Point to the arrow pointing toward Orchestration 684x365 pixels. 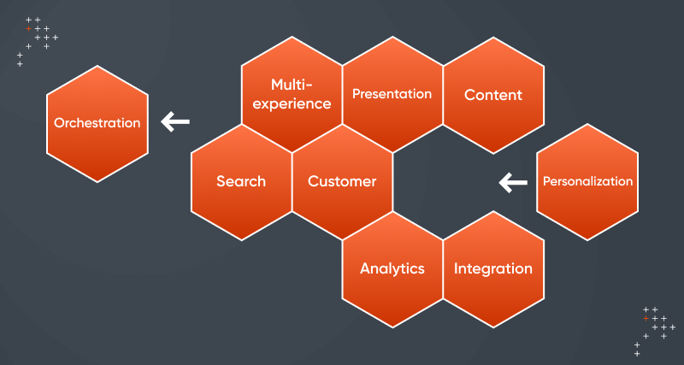pos(175,122)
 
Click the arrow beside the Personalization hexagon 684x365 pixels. pos(513,181)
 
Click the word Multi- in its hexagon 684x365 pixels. pos(290,85)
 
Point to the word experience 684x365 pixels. pos(292,105)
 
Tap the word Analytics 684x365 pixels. pos(392,268)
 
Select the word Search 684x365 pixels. pos(241,181)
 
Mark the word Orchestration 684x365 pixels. pos(97,123)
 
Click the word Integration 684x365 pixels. pos(493,268)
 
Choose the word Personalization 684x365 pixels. pos(587,181)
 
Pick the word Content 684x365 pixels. pos(493,95)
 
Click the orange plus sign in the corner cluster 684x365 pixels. pos(646,318)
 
